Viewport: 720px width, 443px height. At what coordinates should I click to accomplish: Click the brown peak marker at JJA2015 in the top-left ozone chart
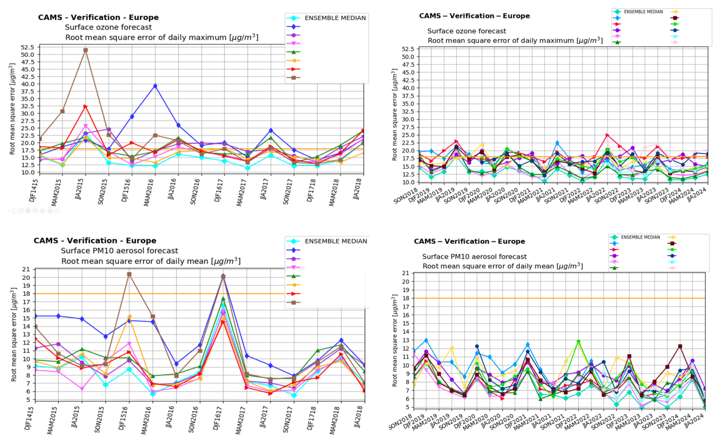[86, 50]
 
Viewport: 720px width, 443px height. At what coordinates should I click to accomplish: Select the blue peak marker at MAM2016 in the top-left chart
[155, 86]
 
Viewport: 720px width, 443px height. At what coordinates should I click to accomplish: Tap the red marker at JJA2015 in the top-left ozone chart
[86, 107]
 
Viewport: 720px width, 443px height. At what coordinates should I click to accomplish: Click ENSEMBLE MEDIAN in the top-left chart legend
[334, 18]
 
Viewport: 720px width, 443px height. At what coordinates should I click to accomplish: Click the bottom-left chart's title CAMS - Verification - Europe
[95, 240]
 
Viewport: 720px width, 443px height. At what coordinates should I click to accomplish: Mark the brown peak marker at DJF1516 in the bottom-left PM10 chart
[129, 274]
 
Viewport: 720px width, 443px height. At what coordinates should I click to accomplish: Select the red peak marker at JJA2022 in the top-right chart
[607, 135]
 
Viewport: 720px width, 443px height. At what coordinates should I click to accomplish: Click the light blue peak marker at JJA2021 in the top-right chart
[557, 143]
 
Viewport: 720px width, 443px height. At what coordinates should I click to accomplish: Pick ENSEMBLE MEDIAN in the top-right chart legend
[641, 11]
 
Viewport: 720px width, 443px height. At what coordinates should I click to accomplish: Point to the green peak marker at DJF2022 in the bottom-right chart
[578, 341]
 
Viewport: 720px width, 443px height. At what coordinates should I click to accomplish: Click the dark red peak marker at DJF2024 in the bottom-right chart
[680, 347]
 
